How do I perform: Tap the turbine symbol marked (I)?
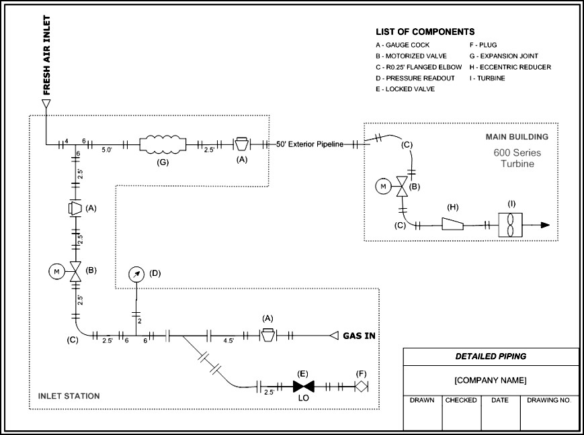(x=510, y=225)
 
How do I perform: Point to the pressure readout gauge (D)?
(x=136, y=273)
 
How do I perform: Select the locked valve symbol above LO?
(x=304, y=387)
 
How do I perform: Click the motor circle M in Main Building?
(x=383, y=186)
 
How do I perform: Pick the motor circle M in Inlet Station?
(x=56, y=272)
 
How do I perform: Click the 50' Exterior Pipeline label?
(x=310, y=144)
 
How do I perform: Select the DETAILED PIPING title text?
(x=491, y=356)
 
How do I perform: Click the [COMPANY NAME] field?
(x=491, y=381)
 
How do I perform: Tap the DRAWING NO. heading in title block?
(x=549, y=400)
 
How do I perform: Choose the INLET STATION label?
(x=69, y=396)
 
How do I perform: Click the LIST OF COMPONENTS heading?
(x=425, y=32)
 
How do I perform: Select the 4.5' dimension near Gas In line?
(x=228, y=341)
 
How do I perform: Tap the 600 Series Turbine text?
(x=517, y=158)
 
